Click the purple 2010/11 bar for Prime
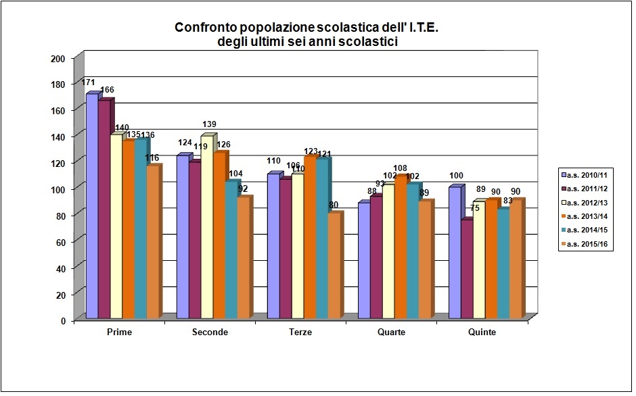click(91, 206)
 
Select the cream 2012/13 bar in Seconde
click(206, 226)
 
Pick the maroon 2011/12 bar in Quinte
click(466, 269)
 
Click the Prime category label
click(120, 332)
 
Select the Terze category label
click(300, 332)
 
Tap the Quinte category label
click(481, 332)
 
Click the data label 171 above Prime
click(88, 82)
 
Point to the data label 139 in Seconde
click(209, 124)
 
